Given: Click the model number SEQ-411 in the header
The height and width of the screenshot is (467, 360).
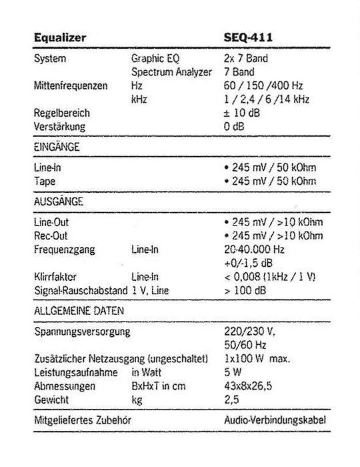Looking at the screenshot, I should click(x=248, y=38).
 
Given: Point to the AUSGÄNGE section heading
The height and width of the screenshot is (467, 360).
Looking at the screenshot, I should click(x=58, y=201).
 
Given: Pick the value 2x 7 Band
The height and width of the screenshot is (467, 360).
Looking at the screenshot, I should click(x=246, y=59).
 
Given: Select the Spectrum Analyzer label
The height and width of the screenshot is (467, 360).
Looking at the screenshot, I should click(x=171, y=71).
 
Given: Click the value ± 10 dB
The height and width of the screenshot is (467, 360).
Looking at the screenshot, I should click(x=243, y=113).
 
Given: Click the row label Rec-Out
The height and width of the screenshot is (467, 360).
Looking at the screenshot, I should click(x=50, y=236).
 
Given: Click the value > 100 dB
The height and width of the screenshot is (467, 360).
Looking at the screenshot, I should click(x=245, y=290).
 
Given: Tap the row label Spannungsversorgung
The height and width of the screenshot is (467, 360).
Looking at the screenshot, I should click(x=81, y=332).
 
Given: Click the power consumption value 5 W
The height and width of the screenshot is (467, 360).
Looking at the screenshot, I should click(x=233, y=372).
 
